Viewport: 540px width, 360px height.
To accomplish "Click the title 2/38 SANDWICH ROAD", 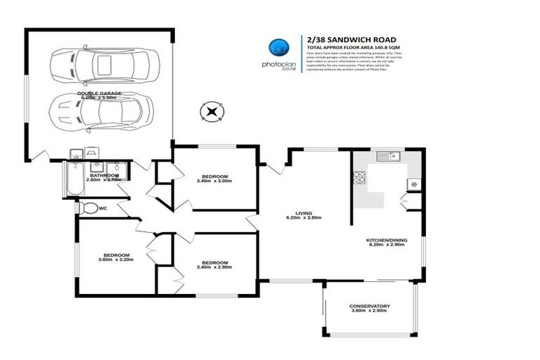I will [x=351, y=39].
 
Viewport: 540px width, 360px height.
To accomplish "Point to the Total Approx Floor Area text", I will [x=351, y=47].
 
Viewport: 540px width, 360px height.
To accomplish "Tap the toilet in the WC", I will [x=86, y=208].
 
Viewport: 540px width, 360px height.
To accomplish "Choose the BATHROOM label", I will [x=103, y=175].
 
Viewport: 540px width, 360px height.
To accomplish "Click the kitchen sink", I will [x=387, y=156].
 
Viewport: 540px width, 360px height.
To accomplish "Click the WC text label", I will [x=103, y=208].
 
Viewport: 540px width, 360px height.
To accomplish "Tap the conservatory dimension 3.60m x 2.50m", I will [x=369, y=312].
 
